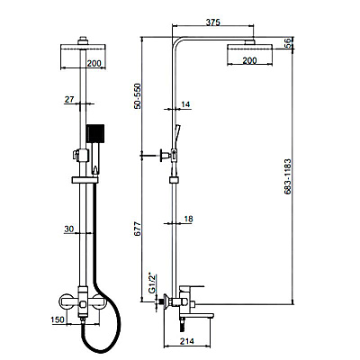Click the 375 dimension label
pos(213,22)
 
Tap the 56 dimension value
pos(289,43)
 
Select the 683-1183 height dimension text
pos(287,177)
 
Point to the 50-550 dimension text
pos(137,96)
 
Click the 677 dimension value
pos(137,229)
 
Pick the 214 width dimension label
pos(187,341)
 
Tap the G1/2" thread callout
pos(152,283)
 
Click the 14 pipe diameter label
pos(185,104)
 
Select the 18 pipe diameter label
pos(188,219)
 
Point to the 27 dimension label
pos(69,99)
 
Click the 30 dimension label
pos(69,229)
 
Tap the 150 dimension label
pos(58,319)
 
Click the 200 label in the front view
pos(94,63)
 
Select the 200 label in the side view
pos(249,60)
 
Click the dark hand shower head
pos(95,133)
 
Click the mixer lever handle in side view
pos(192,288)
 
